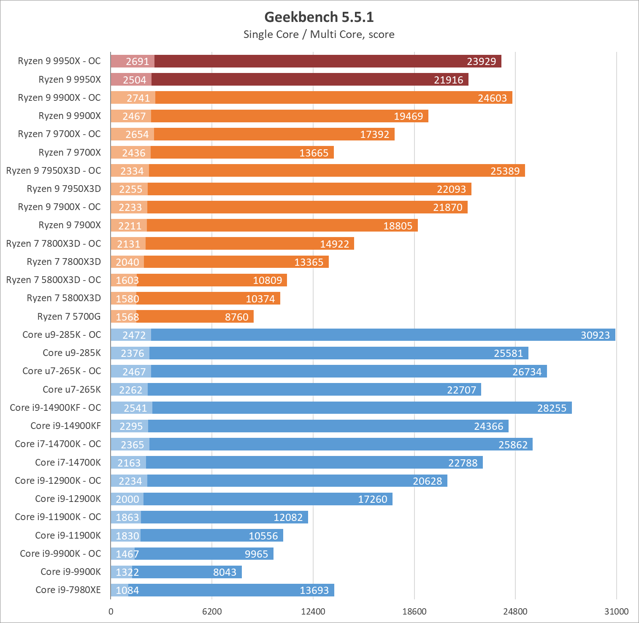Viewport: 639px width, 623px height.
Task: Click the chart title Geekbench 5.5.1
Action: tap(319, 17)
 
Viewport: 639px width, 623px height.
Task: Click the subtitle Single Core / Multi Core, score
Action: tap(319, 34)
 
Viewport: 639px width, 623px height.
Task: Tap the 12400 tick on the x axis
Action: tap(313, 611)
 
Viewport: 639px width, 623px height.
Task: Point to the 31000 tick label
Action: tap(616, 611)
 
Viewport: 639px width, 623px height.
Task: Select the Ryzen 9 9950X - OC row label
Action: tap(60, 61)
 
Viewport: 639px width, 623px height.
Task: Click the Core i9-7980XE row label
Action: tap(68, 590)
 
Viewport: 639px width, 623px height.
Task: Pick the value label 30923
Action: tap(595, 335)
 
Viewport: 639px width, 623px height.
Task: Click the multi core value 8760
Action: tap(236, 317)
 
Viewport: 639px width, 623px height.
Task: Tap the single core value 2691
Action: tap(138, 62)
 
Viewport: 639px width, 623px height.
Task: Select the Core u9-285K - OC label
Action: tap(62, 335)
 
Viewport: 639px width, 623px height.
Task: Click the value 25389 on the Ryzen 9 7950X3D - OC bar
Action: tap(505, 171)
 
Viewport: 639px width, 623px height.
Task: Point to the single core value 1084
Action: tap(127, 590)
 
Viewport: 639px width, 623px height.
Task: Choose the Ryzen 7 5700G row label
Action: tap(69, 317)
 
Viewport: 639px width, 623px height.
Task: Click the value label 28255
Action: tap(552, 408)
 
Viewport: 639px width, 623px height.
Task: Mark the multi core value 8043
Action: tap(225, 572)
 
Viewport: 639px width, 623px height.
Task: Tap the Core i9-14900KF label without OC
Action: tap(66, 426)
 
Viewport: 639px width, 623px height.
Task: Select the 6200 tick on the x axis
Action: tap(212, 611)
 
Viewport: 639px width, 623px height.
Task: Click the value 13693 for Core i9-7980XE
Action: tap(314, 590)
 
